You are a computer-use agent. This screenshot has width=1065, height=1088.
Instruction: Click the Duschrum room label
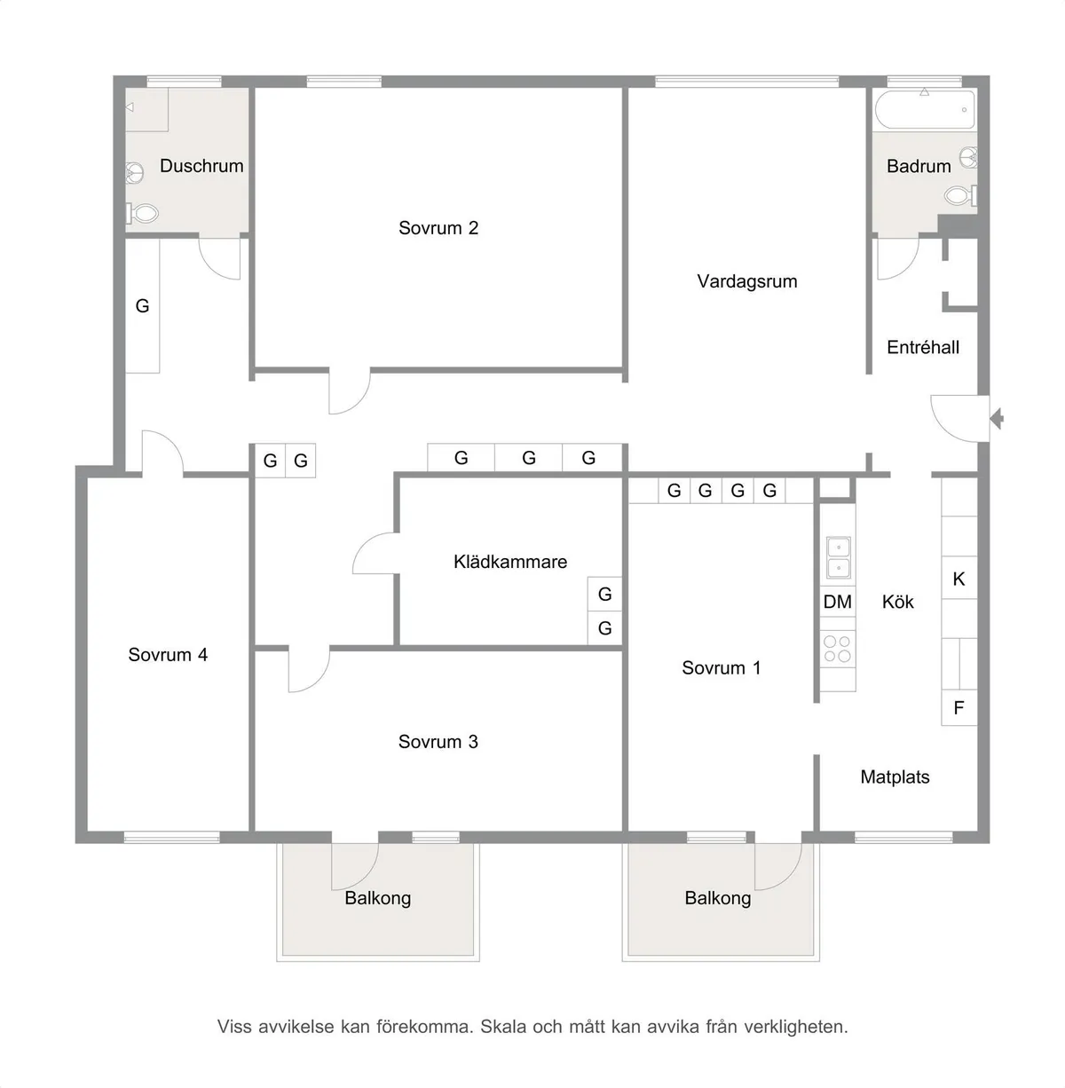[x=201, y=166]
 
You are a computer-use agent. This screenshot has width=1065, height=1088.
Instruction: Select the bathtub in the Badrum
[x=925, y=109]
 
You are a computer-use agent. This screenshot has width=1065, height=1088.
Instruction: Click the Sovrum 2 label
[x=438, y=228]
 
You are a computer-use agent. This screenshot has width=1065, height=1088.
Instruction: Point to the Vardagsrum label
[x=747, y=281]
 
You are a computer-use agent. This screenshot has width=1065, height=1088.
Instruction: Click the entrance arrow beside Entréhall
[x=997, y=418]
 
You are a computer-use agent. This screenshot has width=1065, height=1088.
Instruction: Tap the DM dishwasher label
[x=838, y=602]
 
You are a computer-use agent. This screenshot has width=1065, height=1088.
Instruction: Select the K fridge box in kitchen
[x=958, y=578]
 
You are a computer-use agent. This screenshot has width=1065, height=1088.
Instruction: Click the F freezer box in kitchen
[x=958, y=707]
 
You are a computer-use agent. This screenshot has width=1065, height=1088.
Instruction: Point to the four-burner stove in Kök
[x=838, y=649]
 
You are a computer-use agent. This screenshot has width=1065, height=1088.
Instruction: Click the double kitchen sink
[x=839, y=558]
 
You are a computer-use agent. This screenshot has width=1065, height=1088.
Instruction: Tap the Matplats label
[x=895, y=777]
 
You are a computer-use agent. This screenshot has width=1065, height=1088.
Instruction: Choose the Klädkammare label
[x=510, y=562]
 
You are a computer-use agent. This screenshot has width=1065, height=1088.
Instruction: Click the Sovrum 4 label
[x=168, y=655]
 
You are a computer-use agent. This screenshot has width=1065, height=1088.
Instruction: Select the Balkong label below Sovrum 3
[x=378, y=898]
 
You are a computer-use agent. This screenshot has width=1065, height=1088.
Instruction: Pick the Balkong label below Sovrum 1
[x=718, y=898]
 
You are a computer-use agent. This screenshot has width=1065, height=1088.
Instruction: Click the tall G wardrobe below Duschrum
[x=142, y=306]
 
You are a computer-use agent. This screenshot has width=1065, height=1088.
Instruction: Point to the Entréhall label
[x=923, y=347]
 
